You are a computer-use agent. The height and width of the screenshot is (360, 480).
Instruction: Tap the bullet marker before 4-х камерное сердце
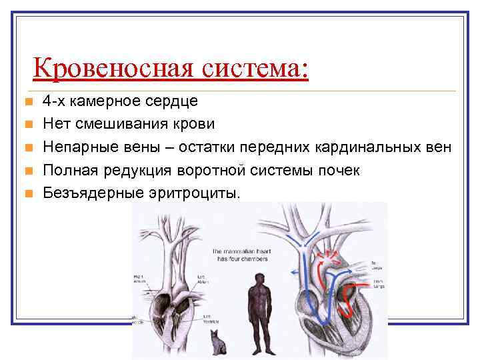point(27,102)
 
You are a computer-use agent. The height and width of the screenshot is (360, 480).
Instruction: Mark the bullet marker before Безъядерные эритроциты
point(27,194)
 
